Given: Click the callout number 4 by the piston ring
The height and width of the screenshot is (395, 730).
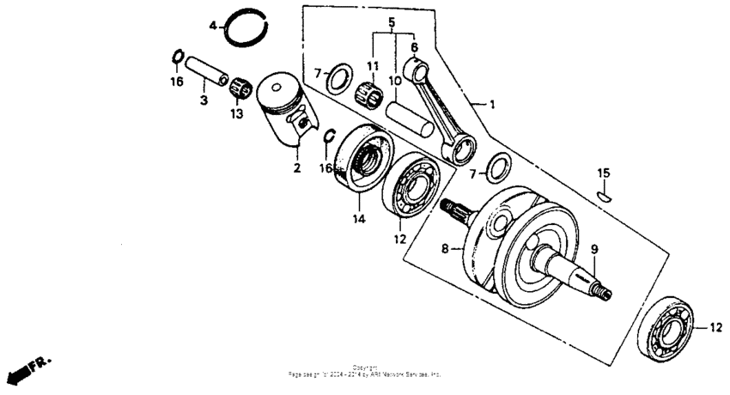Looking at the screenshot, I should coord(213,26).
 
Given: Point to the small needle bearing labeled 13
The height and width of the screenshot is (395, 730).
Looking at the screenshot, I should coord(237,87).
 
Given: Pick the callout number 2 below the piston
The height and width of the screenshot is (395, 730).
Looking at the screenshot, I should coord(296,168).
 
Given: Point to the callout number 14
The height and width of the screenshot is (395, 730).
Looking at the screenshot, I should coord(358,219).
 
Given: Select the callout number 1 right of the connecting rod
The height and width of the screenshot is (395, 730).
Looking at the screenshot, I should coord(492,105).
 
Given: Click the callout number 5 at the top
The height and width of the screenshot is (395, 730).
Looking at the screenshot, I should coord(392,21).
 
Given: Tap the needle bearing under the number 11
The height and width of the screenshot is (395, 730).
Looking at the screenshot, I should coord(373,88).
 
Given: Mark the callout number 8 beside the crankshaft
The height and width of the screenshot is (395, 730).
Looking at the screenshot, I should coord(445,249).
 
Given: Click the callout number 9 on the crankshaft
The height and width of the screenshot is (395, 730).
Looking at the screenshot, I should coord(593,250).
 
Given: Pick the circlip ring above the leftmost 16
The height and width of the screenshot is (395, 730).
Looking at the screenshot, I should coord(175,57).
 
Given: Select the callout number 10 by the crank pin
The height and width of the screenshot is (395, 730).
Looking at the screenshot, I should coord(394,81).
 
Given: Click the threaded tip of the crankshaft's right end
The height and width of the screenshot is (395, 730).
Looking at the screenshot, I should coord(607,295).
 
